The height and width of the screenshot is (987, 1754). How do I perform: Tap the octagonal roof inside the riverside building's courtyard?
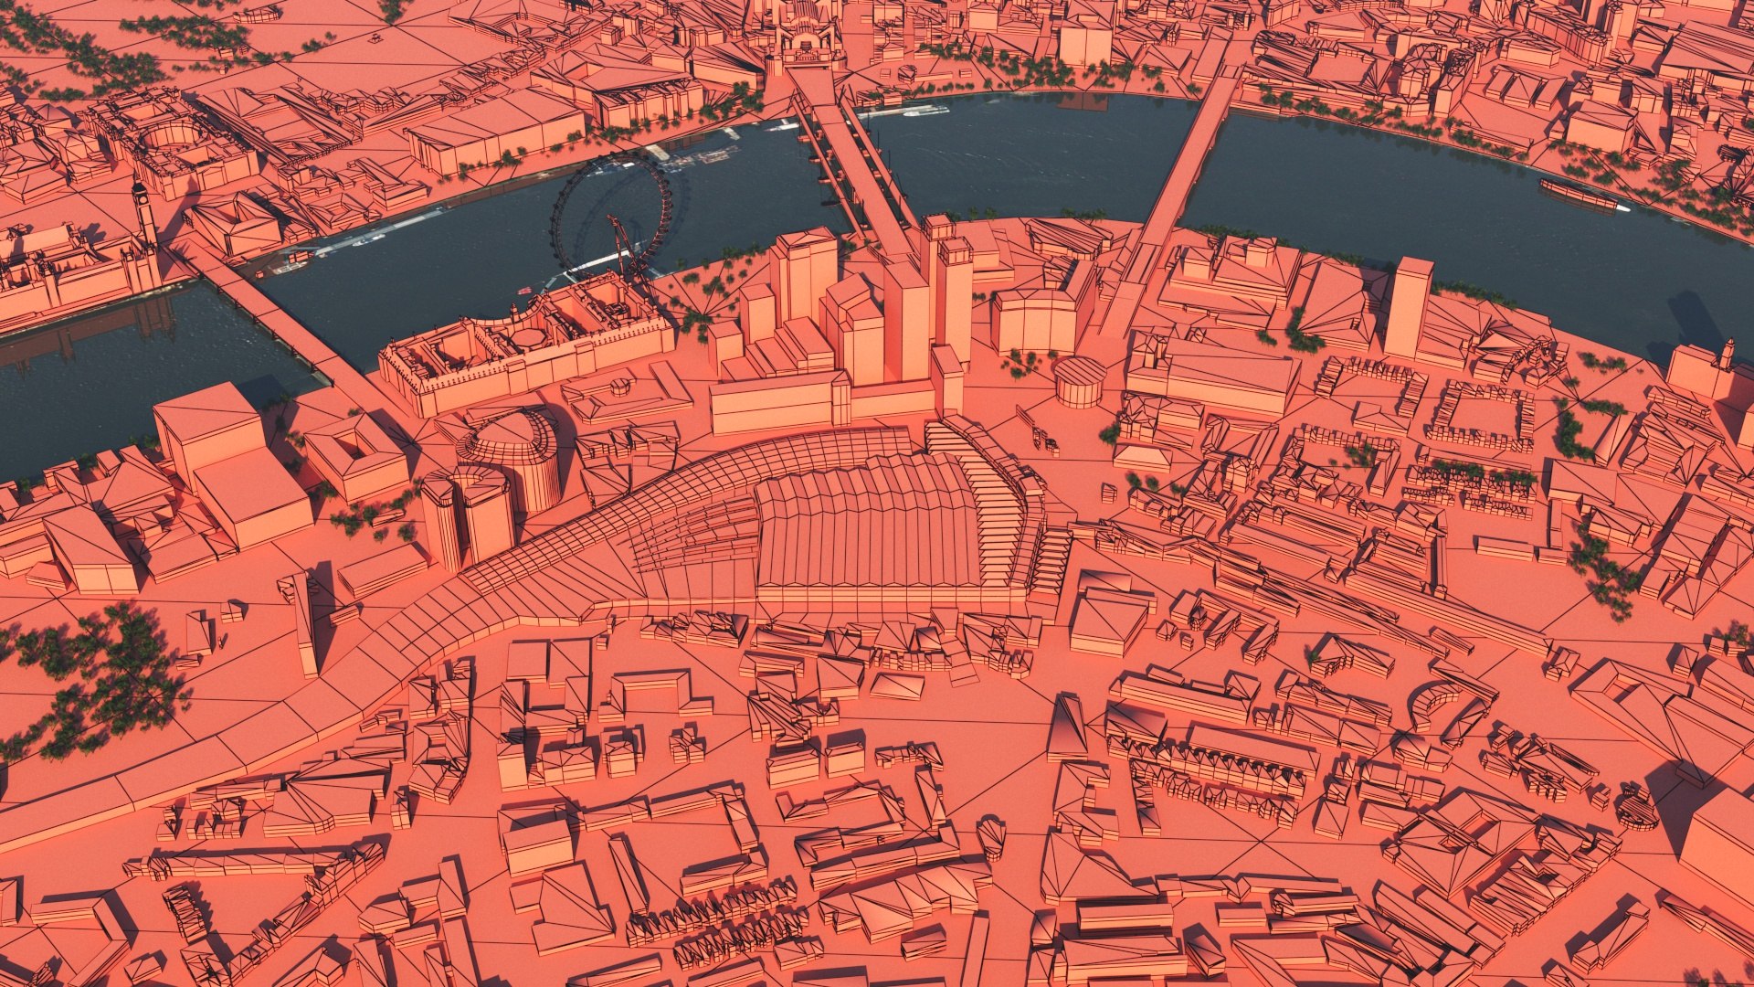click(x=527, y=336)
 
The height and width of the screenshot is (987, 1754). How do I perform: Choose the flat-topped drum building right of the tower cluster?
click(x=1080, y=380)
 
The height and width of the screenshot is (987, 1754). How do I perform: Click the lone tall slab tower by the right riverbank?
click(x=1408, y=306)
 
